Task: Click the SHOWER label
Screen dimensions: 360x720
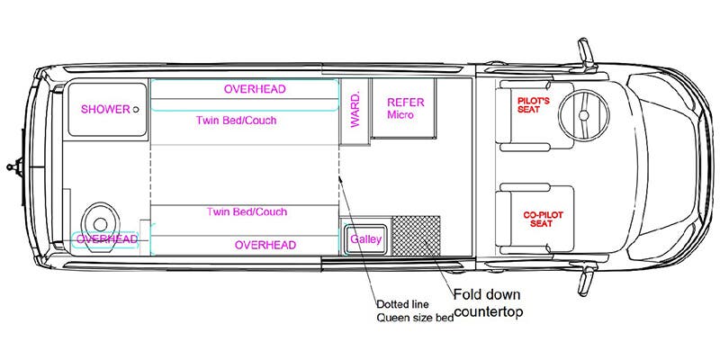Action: click(x=104, y=110)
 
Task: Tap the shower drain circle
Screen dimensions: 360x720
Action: click(x=136, y=110)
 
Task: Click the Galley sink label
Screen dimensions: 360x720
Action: click(x=365, y=239)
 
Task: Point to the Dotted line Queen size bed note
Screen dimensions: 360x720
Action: click(x=413, y=310)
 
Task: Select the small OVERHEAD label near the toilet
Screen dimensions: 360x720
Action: click(x=106, y=239)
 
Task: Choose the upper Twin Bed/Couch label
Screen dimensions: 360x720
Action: click(x=236, y=121)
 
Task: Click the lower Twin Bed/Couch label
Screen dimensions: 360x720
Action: click(x=247, y=212)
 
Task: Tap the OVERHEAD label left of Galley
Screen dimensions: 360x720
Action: click(x=265, y=245)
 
